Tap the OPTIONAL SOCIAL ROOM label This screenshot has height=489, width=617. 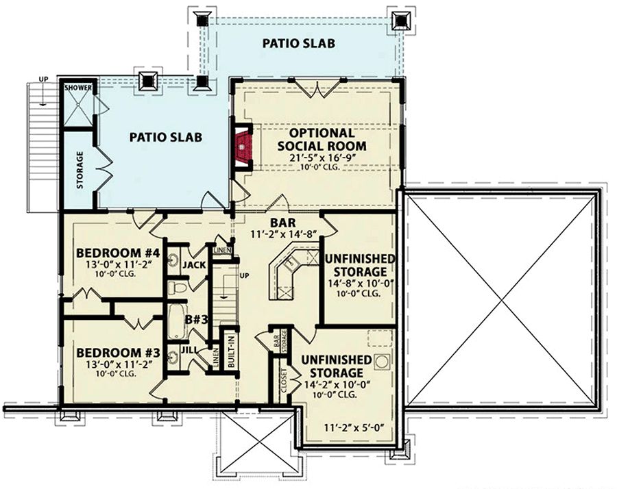point(322,139)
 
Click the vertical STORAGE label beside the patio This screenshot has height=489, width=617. point(80,170)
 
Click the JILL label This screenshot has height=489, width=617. point(189,349)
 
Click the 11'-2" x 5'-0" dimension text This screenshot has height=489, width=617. point(353,428)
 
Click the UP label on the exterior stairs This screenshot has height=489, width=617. point(43,80)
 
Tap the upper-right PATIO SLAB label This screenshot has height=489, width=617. point(299,44)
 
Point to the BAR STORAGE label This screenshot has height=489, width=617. point(279,344)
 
